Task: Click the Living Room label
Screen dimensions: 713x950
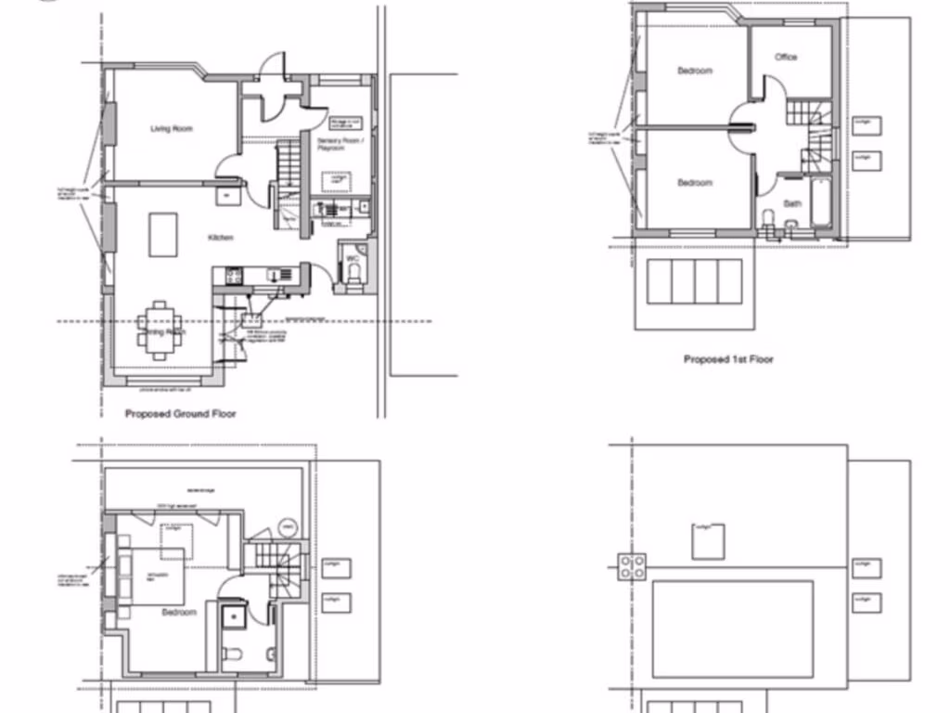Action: tap(172, 129)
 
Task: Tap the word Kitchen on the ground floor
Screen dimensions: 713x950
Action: tap(221, 238)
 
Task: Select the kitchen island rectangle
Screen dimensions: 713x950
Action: tap(163, 234)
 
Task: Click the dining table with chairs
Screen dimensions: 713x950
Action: tap(160, 331)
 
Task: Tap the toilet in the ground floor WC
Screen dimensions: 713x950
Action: tap(354, 270)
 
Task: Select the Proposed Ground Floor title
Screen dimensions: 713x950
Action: tap(180, 414)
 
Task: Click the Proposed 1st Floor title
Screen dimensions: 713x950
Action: tap(728, 359)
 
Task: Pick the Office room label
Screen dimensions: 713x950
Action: tap(786, 58)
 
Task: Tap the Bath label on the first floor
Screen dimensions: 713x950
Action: tap(791, 202)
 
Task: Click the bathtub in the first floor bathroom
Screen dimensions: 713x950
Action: tap(822, 205)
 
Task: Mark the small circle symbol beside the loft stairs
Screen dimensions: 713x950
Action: tap(287, 527)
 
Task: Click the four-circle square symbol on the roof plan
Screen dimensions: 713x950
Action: tap(633, 566)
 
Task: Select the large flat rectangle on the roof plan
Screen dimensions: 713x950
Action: tap(732, 629)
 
